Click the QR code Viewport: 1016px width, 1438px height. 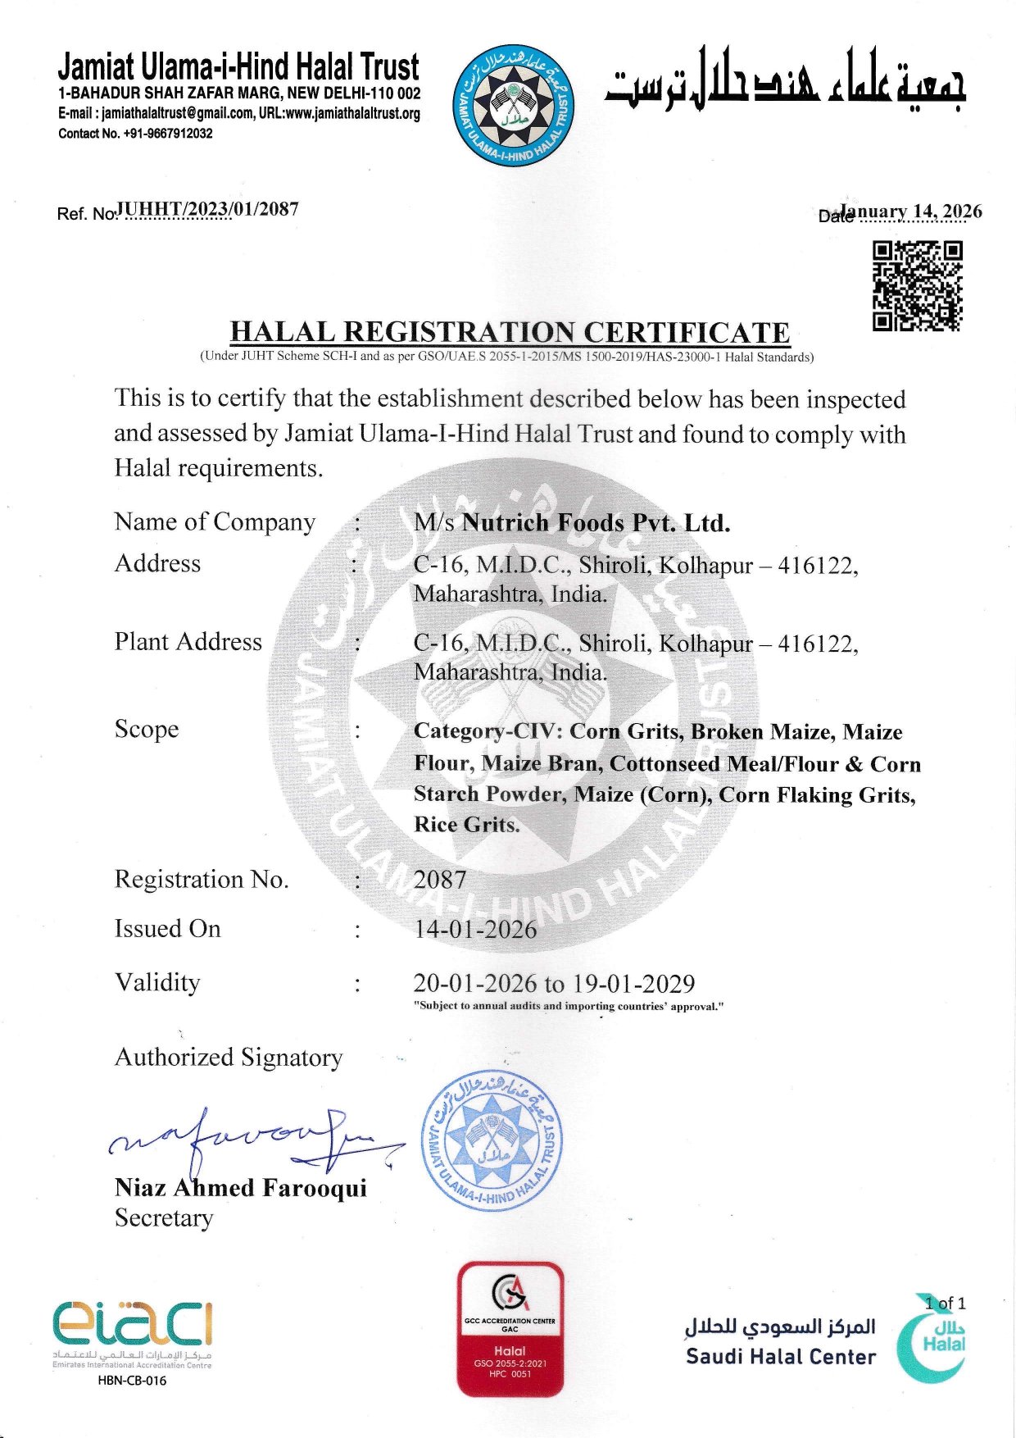pos(917,286)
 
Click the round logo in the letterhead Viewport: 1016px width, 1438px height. pos(513,106)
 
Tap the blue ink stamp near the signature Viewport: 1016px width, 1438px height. pos(492,1140)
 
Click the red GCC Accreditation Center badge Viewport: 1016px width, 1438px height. pos(510,1329)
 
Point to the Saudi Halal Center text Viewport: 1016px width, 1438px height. pos(780,1357)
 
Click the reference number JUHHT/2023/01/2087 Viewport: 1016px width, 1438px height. pos(208,209)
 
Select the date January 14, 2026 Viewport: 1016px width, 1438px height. pos(911,212)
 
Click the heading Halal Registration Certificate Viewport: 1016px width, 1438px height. pos(510,332)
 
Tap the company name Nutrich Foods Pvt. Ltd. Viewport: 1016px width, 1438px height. pos(596,523)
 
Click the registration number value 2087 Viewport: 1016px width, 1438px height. pos(440,880)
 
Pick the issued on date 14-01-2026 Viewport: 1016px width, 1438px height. pos(475,930)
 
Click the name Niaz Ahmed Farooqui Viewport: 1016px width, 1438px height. pos(240,1188)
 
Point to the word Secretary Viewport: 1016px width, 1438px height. pos(164,1218)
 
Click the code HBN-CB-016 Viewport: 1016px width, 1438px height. pos(131,1381)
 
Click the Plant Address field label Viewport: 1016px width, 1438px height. pos(188,642)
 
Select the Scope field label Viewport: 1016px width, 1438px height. pos(147,730)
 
